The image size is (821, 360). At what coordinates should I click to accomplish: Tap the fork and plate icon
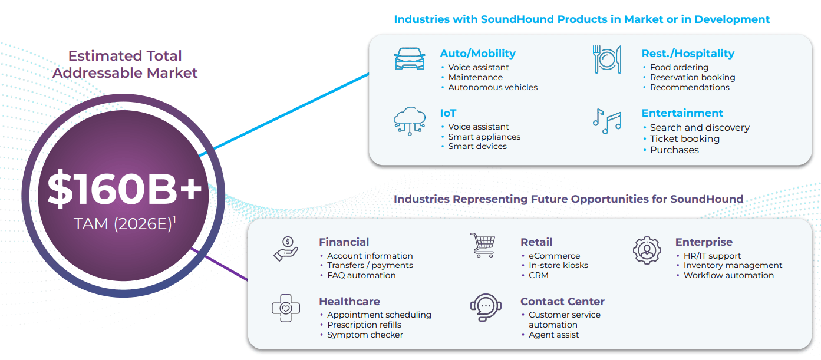[x=607, y=60]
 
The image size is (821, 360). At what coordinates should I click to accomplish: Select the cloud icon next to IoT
[x=410, y=121]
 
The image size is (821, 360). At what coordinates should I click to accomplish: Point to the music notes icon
[x=607, y=121]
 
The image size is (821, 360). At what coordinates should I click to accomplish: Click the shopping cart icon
[x=483, y=245]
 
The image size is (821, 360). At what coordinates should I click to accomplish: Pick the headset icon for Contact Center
[x=486, y=307]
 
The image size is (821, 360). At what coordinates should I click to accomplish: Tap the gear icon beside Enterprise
[x=647, y=250]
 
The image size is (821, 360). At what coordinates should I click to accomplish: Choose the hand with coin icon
[x=286, y=249]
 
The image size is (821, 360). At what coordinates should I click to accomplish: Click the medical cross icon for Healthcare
[x=286, y=308]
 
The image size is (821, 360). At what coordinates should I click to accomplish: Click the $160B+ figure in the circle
[x=124, y=189]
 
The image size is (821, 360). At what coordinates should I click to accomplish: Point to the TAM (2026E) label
[x=124, y=223]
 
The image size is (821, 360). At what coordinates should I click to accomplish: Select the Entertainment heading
[x=682, y=113]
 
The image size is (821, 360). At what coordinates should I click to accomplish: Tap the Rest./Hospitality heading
[x=688, y=54]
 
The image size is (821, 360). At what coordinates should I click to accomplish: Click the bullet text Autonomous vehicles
[x=493, y=87]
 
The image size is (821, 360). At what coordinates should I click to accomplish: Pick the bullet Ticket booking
[x=685, y=139]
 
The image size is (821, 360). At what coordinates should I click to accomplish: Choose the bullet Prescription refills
[x=364, y=325]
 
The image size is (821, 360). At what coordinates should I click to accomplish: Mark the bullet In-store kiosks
[x=558, y=265]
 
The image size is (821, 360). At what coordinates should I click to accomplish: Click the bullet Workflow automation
[x=728, y=275]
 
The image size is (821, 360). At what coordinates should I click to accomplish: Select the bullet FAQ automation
[x=361, y=275]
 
